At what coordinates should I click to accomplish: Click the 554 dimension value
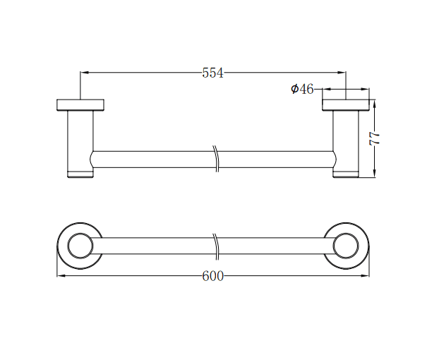click(212, 73)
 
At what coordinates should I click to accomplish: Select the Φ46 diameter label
click(302, 89)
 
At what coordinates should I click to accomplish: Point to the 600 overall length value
click(212, 276)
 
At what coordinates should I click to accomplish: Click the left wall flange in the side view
click(80, 105)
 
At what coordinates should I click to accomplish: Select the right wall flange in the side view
click(346, 105)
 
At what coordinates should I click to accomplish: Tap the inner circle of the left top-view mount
click(80, 246)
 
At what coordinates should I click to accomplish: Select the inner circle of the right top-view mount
click(346, 246)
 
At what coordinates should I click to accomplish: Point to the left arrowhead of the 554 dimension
click(84, 72)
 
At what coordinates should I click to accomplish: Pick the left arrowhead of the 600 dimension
click(60, 275)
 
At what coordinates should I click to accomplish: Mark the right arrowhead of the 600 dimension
click(366, 275)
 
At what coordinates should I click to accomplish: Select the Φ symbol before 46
click(294, 89)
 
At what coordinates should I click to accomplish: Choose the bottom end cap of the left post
click(80, 174)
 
